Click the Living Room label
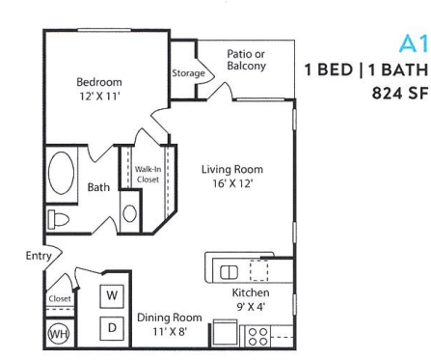click(231, 170)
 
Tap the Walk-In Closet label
click(148, 175)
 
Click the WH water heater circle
click(58, 334)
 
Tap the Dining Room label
click(168, 317)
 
